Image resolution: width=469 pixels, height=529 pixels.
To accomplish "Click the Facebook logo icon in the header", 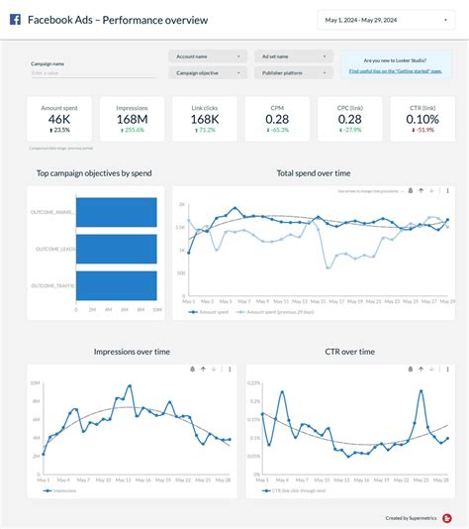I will [x=15, y=20].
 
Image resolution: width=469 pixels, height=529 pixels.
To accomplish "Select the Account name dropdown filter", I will [x=207, y=56].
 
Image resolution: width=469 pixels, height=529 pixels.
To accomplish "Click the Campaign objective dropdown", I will [x=207, y=72].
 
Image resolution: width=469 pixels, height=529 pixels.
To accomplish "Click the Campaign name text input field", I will [x=92, y=73].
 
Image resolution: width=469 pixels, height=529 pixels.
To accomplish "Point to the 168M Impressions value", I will [x=132, y=119].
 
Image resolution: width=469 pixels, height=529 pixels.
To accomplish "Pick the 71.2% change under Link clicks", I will [x=205, y=130].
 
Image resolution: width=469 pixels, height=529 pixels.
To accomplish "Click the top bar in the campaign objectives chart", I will [x=117, y=212].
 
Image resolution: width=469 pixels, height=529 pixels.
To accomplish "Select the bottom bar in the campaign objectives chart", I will [x=117, y=285].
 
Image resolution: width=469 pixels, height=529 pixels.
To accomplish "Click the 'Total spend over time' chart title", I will [x=313, y=173].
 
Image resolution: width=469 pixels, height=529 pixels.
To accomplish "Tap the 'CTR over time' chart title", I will [x=351, y=352].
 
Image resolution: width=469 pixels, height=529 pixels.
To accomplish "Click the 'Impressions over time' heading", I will [x=132, y=352].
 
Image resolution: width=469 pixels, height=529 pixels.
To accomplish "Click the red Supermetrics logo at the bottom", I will [x=447, y=517].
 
